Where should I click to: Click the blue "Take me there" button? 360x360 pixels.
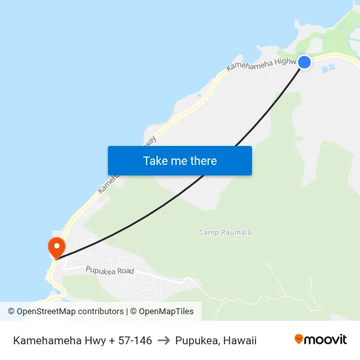(x=180, y=160)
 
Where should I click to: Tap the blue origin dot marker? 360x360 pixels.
(x=304, y=62)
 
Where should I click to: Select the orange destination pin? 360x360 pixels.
(x=57, y=247)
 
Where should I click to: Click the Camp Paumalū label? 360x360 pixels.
(x=225, y=232)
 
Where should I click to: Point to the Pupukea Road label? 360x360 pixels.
(x=109, y=270)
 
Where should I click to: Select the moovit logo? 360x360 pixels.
(x=321, y=339)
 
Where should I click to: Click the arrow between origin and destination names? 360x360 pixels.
(x=164, y=340)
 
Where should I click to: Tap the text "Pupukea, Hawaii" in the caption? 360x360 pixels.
(x=216, y=340)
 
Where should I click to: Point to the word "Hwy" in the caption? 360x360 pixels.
(x=88, y=340)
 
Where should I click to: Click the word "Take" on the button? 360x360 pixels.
(x=155, y=160)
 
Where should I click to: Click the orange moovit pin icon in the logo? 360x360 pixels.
(x=299, y=339)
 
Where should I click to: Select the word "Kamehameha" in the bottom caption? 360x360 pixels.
(x=43, y=340)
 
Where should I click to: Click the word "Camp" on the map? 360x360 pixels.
(x=209, y=232)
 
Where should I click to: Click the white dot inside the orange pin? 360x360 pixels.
(x=57, y=245)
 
